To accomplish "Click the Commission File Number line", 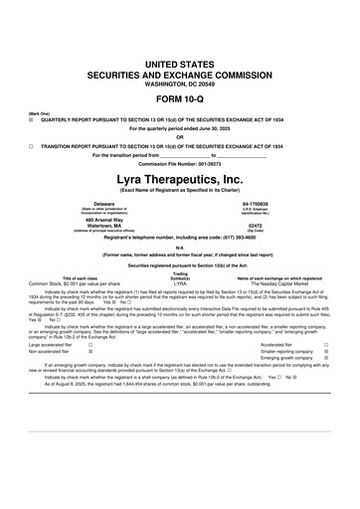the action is (180, 164).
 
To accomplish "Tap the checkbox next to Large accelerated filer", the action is (91, 345).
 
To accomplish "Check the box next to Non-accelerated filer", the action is (91, 352).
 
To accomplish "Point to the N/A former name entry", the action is (180, 248).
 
